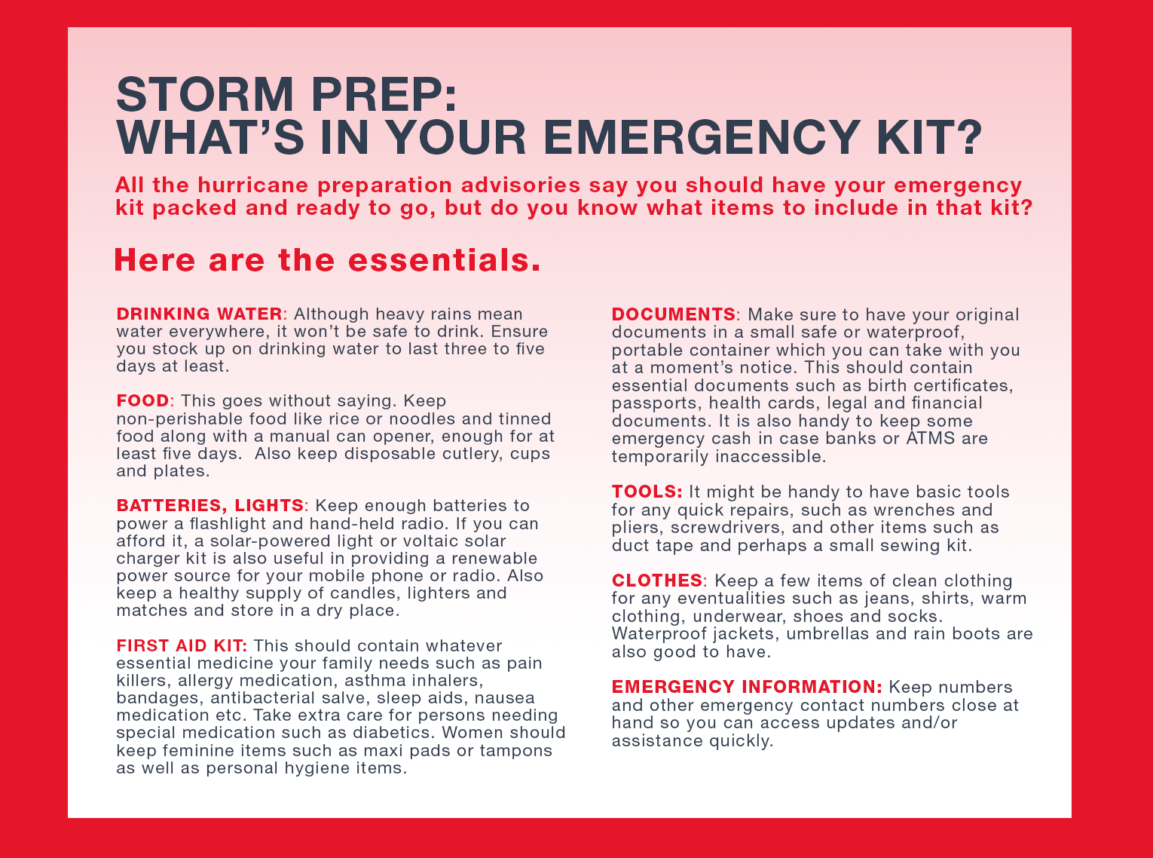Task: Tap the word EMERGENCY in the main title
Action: click(x=701, y=137)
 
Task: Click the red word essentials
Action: click(x=444, y=260)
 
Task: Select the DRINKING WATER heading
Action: click(x=199, y=314)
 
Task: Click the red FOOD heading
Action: click(x=142, y=400)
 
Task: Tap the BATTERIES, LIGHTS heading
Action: click(x=209, y=505)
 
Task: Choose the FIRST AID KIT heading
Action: click(x=181, y=645)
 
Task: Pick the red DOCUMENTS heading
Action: click(x=673, y=314)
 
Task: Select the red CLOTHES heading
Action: click(x=656, y=581)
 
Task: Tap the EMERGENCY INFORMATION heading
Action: click(x=746, y=687)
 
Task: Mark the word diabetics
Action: click(x=393, y=733)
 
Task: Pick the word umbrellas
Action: click(x=823, y=634)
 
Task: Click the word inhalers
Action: click(x=445, y=681)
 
